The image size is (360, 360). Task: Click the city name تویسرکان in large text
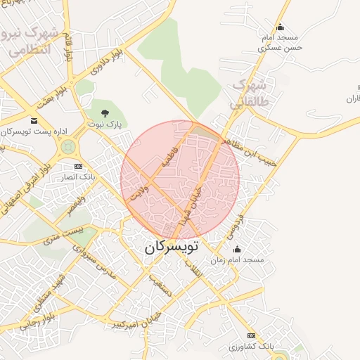(x=172, y=247)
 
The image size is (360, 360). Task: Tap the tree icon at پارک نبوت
(x=105, y=112)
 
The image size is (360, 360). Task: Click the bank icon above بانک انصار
(x=78, y=167)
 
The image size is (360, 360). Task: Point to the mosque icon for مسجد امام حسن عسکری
(x=281, y=27)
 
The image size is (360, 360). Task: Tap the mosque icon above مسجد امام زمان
(x=237, y=249)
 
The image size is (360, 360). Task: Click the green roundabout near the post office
(x=69, y=147)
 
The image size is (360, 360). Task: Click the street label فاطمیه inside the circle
(x=171, y=152)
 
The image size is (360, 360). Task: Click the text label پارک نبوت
(x=105, y=124)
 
